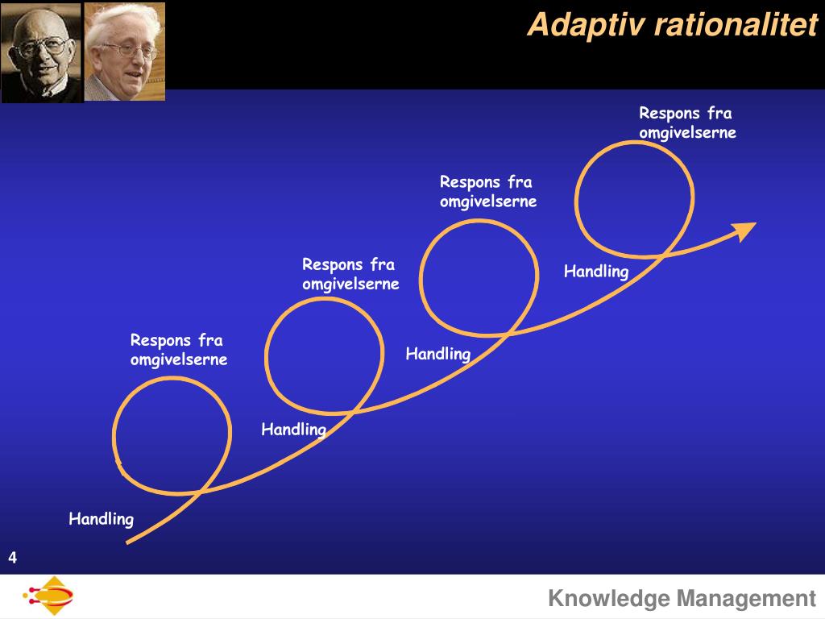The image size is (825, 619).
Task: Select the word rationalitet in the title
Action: (736, 26)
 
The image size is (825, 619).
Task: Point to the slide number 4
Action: (13, 558)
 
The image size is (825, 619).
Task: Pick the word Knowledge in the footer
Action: (609, 599)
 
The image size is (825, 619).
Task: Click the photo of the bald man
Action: (41, 52)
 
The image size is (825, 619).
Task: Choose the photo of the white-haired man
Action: (125, 52)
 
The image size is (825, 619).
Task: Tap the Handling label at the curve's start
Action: (101, 518)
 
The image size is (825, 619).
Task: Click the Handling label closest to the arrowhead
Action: (595, 271)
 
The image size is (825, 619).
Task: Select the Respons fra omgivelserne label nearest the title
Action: (687, 123)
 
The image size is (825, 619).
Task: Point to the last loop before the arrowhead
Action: (635, 198)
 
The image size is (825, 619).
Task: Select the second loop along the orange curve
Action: (324, 355)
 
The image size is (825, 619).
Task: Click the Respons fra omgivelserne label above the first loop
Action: (179, 350)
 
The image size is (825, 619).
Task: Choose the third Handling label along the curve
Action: (437, 353)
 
